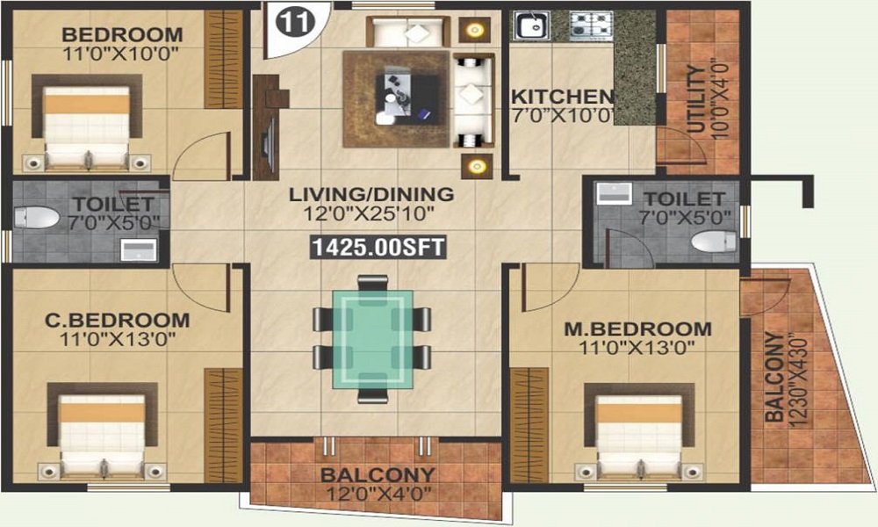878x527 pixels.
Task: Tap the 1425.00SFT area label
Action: (378, 247)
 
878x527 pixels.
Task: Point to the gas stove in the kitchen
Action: (591, 26)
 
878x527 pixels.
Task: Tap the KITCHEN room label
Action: (563, 97)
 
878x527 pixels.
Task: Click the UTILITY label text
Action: (695, 99)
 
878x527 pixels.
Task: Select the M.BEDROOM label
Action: (637, 328)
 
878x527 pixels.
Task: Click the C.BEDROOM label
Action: (117, 321)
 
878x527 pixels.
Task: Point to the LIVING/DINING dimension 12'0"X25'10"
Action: (369, 213)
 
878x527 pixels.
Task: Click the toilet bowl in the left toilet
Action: (36, 217)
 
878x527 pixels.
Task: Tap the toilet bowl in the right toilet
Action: (713, 242)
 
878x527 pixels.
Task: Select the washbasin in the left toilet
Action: (139, 249)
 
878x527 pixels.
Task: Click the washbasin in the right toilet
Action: (615, 193)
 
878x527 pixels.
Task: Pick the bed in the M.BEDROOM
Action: (639, 430)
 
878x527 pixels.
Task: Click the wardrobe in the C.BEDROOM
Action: (223, 425)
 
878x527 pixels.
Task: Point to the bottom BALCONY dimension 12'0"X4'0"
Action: (378, 494)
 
